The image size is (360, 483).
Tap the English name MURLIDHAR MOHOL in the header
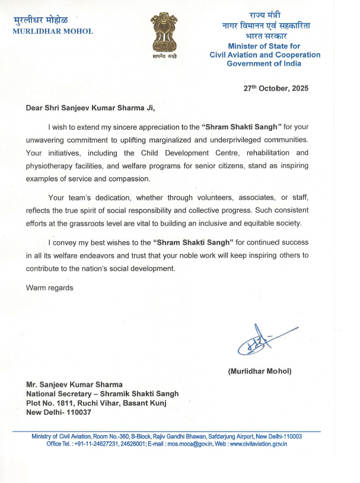coord(53,31)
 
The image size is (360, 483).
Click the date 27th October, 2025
coord(276,88)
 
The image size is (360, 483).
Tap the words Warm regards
coord(49,287)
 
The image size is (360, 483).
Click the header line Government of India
coord(272,63)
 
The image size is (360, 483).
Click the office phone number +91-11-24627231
coord(100,444)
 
